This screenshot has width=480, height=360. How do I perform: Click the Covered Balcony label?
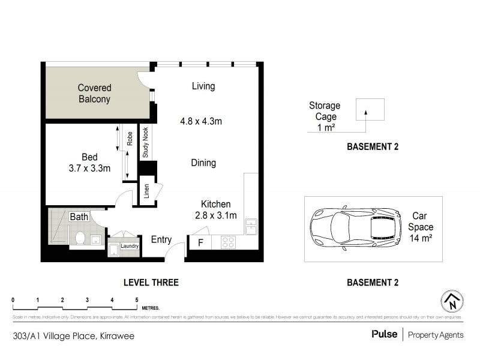click(94, 94)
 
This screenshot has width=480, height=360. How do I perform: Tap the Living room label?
click(203, 86)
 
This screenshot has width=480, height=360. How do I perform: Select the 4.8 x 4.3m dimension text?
click(201, 121)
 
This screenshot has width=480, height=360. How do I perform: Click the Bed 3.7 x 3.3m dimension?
click(89, 169)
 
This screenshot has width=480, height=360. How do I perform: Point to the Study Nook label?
click(146, 143)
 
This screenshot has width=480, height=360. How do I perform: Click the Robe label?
click(129, 139)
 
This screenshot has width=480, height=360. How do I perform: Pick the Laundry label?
click(130, 246)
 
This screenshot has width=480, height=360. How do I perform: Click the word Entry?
click(161, 240)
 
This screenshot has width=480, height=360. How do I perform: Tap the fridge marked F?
click(200, 243)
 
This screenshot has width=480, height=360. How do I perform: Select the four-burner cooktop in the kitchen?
click(229, 243)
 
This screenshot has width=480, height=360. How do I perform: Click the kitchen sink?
click(250, 228)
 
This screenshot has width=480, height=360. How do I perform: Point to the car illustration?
click(355, 229)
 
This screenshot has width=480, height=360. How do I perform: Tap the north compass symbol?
click(452, 301)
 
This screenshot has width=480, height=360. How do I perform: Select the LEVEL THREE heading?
click(151, 282)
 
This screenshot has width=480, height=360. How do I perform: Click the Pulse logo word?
click(384, 334)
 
